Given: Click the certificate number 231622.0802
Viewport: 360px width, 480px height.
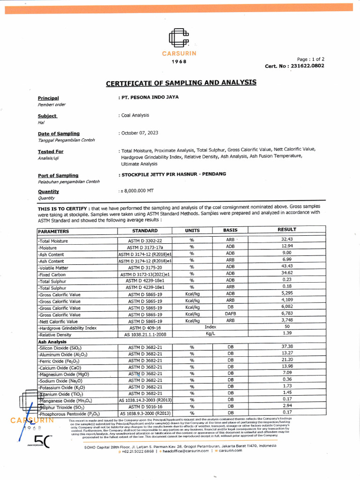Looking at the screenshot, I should pos(307,66).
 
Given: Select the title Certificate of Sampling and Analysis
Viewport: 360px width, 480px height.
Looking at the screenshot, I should pos(181,83).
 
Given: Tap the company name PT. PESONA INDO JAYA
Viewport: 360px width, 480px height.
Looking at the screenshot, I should pos(149,97).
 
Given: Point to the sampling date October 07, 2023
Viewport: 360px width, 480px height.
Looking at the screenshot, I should pos(139,133).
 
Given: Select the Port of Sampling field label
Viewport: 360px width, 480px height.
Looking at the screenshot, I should pos(58,175).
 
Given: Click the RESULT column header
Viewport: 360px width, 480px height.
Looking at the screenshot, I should pos(287,230).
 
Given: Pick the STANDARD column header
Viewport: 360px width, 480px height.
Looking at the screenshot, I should pos(145,231).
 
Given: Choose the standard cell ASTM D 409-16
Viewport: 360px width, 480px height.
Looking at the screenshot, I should pos(145,328).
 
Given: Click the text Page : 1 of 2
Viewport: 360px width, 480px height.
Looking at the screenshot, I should pos(311,60).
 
